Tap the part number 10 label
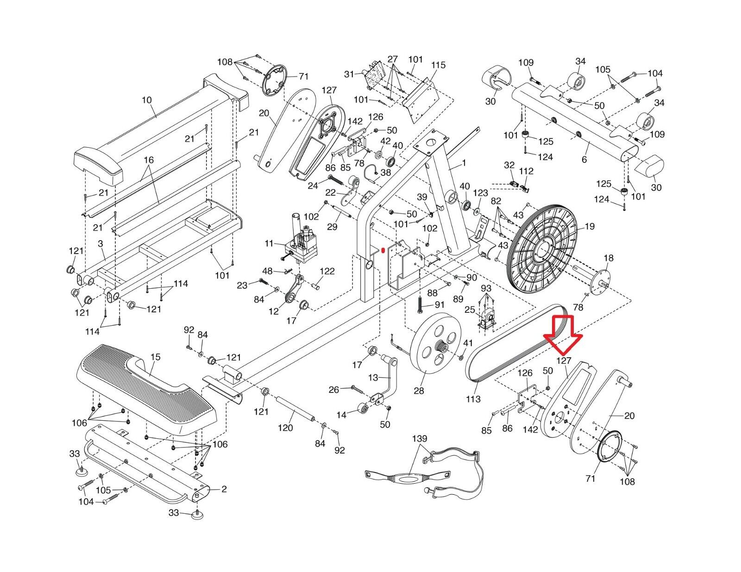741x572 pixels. click(147, 100)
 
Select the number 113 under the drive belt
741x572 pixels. click(473, 399)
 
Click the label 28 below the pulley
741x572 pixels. click(419, 391)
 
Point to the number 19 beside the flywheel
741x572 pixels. click(590, 226)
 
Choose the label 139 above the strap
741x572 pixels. click(420, 438)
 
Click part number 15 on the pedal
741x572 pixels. click(155, 357)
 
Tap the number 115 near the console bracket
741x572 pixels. click(438, 65)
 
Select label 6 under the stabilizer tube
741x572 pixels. click(584, 160)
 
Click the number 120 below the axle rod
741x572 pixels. click(285, 428)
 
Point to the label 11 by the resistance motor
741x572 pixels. click(269, 243)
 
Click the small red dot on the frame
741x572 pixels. click(383, 251)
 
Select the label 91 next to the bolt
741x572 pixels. click(440, 305)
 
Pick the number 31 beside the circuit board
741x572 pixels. click(349, 74)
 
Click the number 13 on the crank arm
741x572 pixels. click(373, 378)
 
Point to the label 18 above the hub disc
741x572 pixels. click(609, 258)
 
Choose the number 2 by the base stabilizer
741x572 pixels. click(224, 489)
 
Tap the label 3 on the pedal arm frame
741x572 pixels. click(100, 243)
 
